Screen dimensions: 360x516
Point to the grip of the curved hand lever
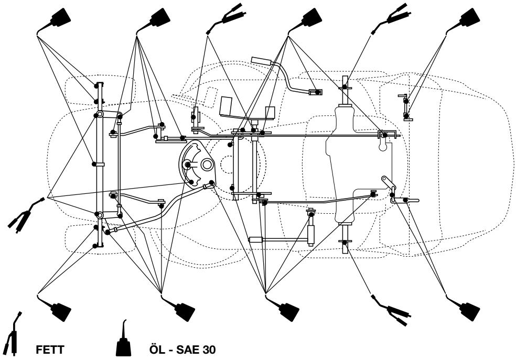tap(261, 61)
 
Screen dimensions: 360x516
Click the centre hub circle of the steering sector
tap(206, 165)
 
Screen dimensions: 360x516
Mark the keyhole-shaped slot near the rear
tap(384, 146)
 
